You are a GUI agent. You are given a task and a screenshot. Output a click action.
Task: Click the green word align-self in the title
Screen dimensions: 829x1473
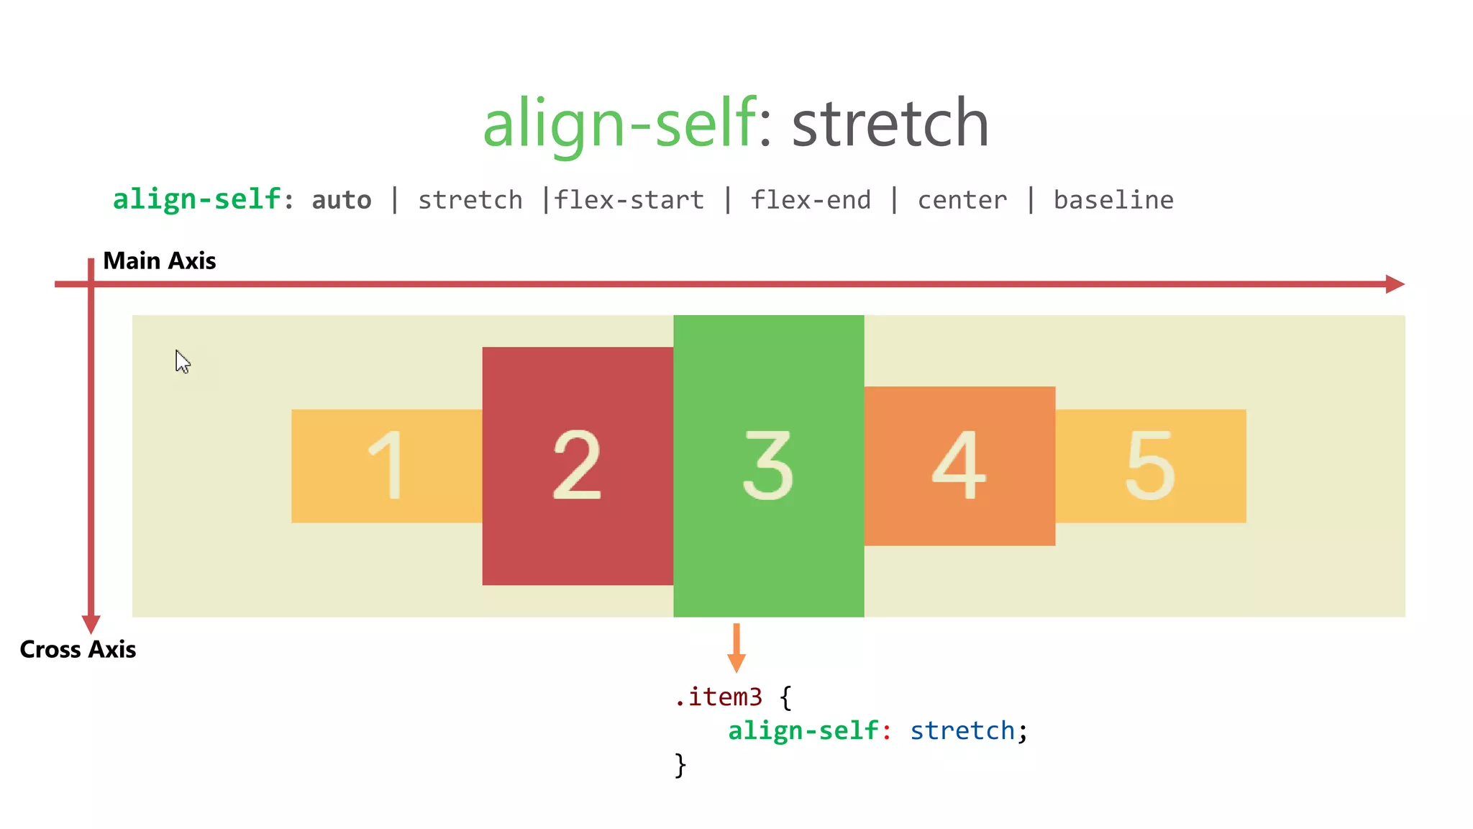click(x=619, y=124)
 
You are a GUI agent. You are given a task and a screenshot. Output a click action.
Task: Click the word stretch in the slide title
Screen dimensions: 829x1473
click(x=890, y=124)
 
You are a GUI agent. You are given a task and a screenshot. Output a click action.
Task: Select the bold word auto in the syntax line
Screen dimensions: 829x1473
click(x=342, y=200)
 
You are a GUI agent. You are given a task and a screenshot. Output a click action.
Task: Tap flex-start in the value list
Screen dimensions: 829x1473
click(x=629, y=200)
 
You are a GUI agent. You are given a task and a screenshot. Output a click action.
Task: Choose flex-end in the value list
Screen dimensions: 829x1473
click(x=811, y=200)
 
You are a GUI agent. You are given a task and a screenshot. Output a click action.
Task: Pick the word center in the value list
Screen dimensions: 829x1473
click(x=962, y=200)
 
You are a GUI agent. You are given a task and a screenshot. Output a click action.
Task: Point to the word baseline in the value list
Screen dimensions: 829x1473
click(x=1113, y=200)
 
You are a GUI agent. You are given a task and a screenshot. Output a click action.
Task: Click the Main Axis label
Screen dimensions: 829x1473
click(x=159, y=261)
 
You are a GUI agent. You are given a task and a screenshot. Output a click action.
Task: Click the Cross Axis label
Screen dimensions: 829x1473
click(x=78, y=649)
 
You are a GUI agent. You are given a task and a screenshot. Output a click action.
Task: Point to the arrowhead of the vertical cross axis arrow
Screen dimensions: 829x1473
click(x=91, y=623)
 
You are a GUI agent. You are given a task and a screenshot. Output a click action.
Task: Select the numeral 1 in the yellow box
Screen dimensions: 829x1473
click(x=386, y=465)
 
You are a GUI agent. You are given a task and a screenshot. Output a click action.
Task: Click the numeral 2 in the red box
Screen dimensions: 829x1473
click(x=577, y=465)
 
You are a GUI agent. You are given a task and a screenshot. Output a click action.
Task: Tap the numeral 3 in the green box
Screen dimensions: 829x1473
click(x=768, y=465)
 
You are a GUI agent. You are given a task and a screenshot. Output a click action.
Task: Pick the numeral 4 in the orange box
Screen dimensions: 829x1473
click(x=959, y=465)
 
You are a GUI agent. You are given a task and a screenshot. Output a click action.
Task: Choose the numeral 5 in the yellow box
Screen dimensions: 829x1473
click(x=1150, y=465)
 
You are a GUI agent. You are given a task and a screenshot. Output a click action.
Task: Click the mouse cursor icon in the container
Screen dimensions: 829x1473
click(x=183, y=361)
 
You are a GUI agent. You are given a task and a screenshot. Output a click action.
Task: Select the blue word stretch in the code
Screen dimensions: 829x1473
click(x=962, y=730)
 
